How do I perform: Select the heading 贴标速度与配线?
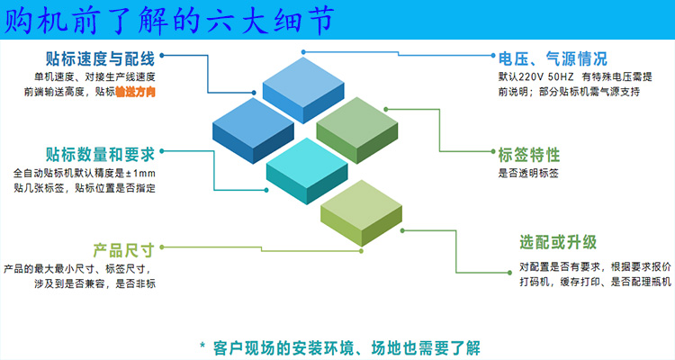(x=100, y=60)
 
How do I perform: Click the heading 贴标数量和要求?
(x=100, y=153)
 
